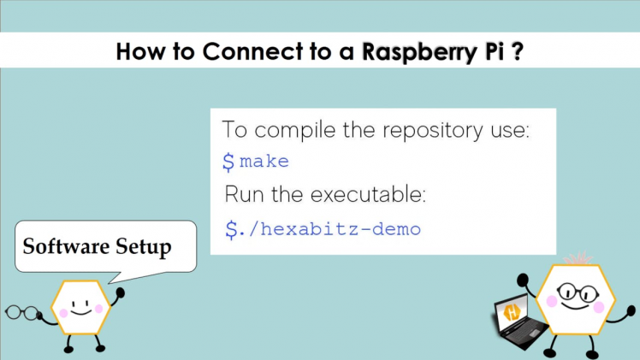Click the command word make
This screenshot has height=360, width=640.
[x=264, y=162]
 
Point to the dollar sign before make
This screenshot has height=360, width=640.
[x=228, y=162]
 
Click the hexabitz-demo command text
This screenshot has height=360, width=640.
[x=332, y=229]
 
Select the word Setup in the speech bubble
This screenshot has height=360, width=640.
[x=141, y=247]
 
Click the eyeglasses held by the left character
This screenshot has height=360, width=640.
[x=23, y=313]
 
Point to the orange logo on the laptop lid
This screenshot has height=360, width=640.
[x=513, y=312]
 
